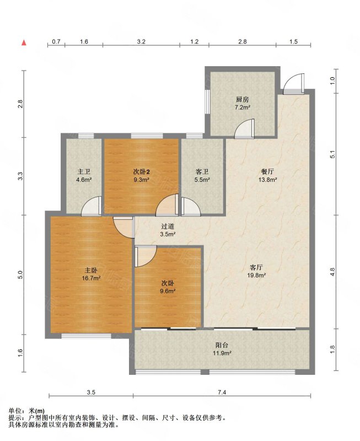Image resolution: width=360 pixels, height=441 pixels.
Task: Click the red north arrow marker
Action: pos(24,43)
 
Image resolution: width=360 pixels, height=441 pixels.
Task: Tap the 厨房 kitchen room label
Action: pos(243,99)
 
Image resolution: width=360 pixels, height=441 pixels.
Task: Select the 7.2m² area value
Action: pos(243,107)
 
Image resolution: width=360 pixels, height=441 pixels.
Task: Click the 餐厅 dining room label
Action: pos(268,171)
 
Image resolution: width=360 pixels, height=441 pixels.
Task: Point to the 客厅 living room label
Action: pos(256,267)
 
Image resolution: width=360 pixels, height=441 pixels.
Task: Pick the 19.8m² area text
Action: pos(256,275)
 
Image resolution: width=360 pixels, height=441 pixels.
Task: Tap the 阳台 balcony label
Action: pos(222,345)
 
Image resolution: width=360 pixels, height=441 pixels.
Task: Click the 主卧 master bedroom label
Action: pos(91,270)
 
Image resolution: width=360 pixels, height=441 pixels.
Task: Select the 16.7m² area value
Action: pos(91,278)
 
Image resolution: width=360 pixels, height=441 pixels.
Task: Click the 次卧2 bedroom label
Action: pos(141,171)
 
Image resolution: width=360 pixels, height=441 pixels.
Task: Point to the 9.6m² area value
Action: pos(168,291)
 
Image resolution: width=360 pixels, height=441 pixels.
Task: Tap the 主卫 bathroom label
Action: pos(84,171)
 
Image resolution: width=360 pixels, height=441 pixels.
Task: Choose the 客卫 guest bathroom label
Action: pos(202,171)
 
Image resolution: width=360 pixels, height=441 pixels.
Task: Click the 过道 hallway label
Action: pos(168,226)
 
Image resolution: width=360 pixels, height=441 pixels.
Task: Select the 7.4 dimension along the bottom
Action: pos(222,392)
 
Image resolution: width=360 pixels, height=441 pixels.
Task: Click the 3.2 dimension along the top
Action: pos(141,42)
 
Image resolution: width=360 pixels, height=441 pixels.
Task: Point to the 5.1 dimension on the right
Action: pos(333,154)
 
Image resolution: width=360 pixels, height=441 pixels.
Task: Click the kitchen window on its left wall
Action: pos(207,101)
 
